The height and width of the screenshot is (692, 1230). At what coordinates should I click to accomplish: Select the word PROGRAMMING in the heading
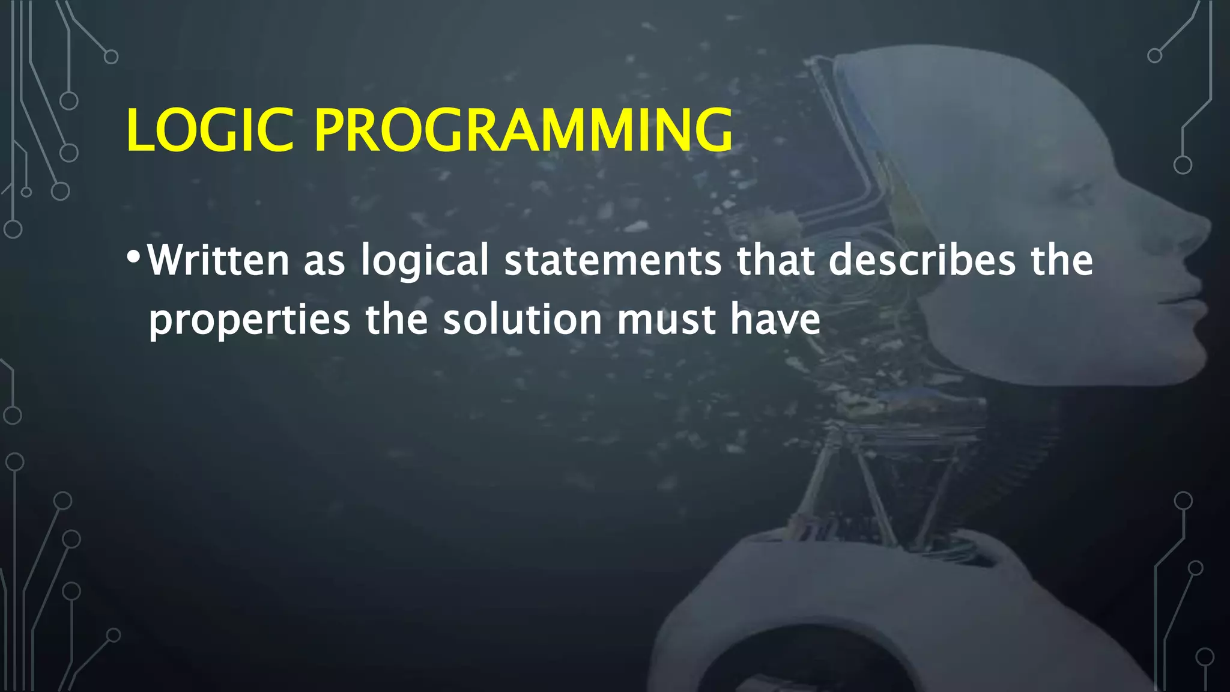coord(523,130)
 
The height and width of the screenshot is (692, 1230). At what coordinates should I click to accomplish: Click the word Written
coord(218,260)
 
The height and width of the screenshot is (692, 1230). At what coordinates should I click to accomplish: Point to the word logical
coord(425,260)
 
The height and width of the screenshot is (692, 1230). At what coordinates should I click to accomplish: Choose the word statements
coord(613,260)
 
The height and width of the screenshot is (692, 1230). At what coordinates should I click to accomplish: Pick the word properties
coord(249,320)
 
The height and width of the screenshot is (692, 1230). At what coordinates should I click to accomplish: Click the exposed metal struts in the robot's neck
coord(871,481)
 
